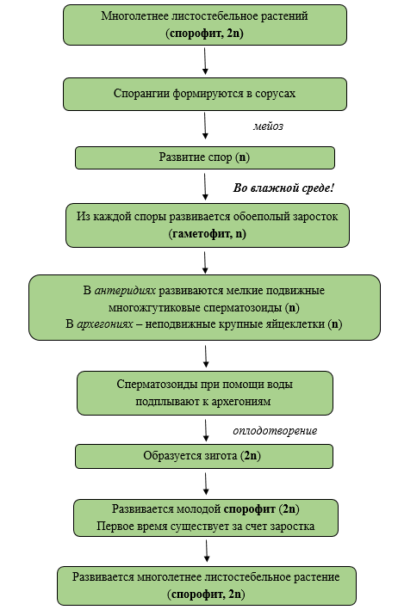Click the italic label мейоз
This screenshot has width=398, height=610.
pyautogui.click(x=268, y=126)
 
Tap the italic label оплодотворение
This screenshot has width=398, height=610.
pyautogui.click(x=275, y=431)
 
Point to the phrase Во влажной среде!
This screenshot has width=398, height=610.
pyautogui.click(x=283, y=188)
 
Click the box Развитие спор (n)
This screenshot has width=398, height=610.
pyautogui.click(x=205, y=157)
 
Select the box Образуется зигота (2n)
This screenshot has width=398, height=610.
pyautogui.click(x=204, y=456)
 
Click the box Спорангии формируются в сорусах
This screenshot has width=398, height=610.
pyautogui.click(x=205, y=94)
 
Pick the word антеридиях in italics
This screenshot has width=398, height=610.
pyautogui.click(x=125, y=291)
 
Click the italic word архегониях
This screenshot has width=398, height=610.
pyautogui.click(x=105, y=324)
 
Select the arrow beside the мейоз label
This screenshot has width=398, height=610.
pyautogui.click(x=205, y=126)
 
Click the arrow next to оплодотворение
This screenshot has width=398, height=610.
pyautogui.click(x=206, y=430)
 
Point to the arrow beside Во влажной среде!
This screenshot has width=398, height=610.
pyautogui.click(x=205, y=187)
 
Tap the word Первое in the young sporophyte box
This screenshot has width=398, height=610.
pyautogui.click(x=114, y=527)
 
